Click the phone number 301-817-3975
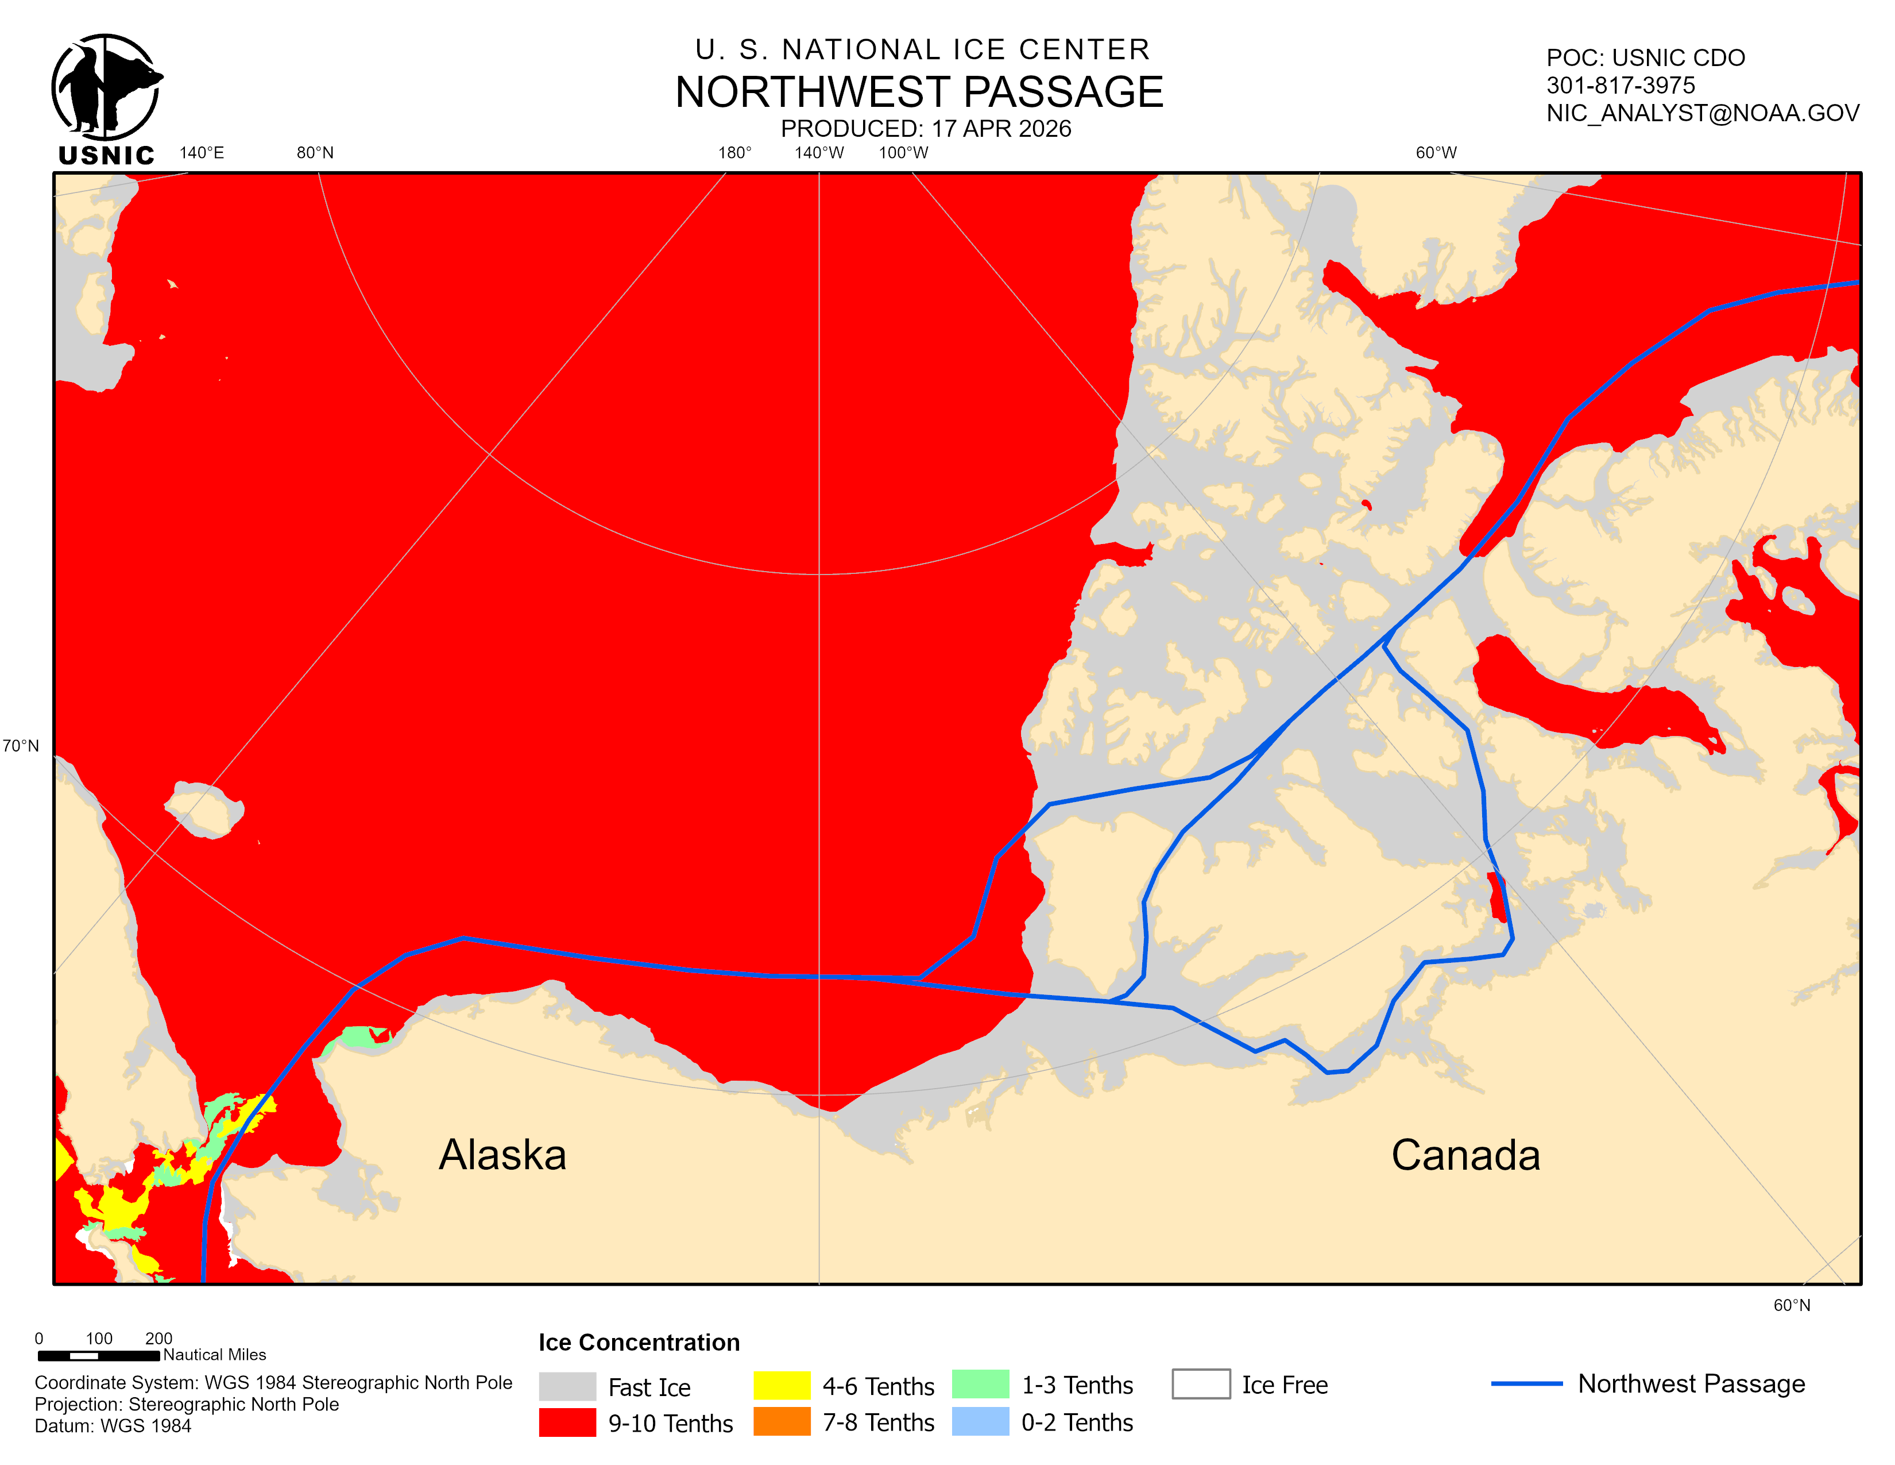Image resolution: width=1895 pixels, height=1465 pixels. point(1619,85)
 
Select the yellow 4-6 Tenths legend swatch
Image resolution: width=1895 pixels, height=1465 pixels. point(781,1385)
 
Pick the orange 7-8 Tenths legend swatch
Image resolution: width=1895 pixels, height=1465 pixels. point(781,1421)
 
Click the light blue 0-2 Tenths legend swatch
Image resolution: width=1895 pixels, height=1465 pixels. point(980,1421)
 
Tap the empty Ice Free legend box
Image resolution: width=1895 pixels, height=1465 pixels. point(1200,1383)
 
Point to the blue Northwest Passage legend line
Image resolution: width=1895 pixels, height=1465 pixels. point(1526,1383)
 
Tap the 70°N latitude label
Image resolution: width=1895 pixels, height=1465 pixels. point(21,746)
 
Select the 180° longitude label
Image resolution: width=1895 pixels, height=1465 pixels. point(734,153)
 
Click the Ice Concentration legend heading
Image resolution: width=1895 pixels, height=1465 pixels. point(639,1343)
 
